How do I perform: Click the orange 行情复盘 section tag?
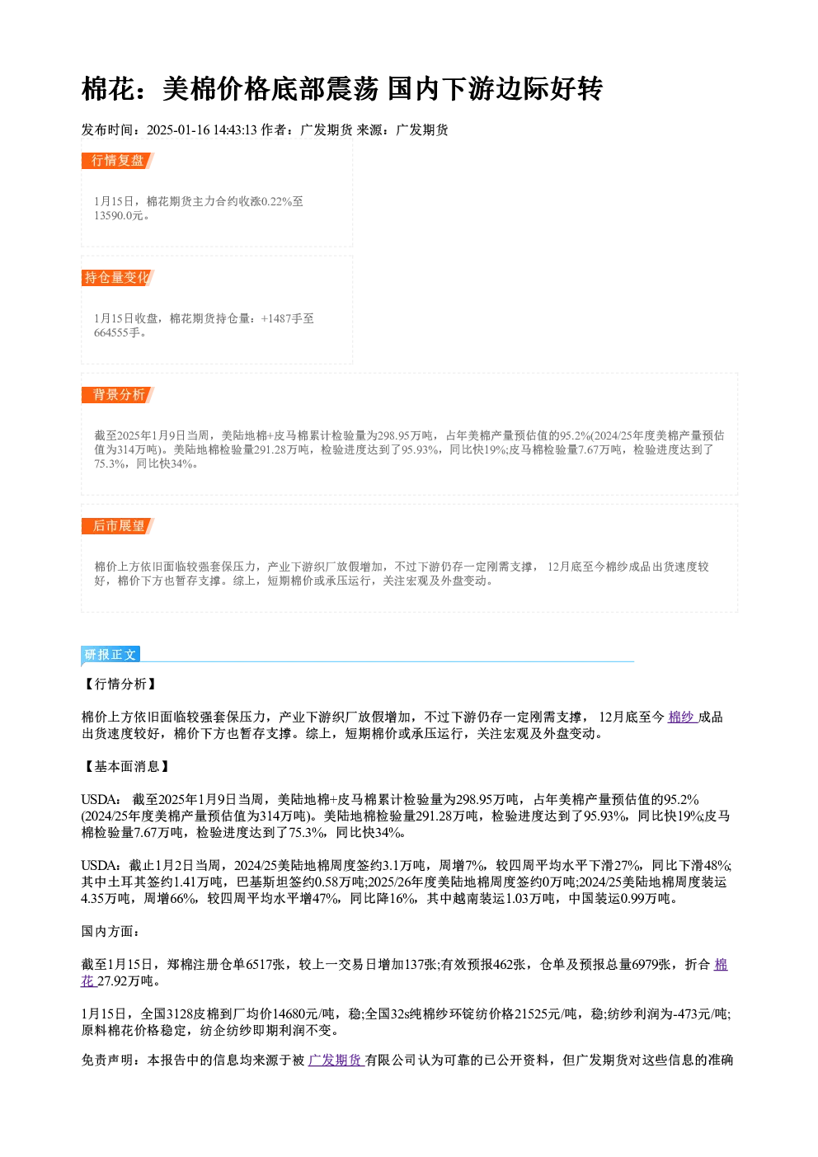[x=118, y=161]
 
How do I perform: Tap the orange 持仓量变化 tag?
[x=118, y=278]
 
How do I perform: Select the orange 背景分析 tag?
[x=118, y=395]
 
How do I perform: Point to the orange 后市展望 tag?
[x=118, y=526]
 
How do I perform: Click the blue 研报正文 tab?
[x=110, y=655]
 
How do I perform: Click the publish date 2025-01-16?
[x=178, y=130]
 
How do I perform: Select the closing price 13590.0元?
[x=118, y=216]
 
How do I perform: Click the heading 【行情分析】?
[x=120, y=684]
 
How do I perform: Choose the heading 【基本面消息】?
[x=126, y=766]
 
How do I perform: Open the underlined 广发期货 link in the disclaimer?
[x=336, y=1061]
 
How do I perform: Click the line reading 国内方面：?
[x=110, y=932]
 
